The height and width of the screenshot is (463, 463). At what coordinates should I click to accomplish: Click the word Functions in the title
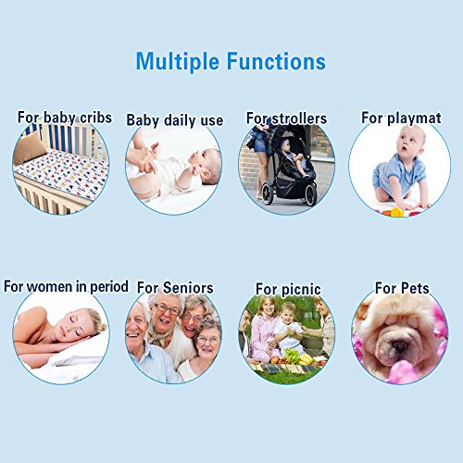click(276, 61)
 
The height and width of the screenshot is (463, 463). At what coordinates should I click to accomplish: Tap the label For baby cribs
click(65, 118)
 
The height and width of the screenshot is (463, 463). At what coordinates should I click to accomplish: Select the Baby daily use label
click(175, 120)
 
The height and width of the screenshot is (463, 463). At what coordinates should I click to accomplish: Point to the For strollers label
click(286, 119)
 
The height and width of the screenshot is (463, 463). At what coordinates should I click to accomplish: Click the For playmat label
click(401, 118)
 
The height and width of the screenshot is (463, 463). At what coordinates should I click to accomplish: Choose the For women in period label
click(66, 286)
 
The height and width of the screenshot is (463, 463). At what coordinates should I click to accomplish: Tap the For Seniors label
click(175, 287)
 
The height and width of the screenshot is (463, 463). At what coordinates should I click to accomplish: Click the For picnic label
click(288, 289)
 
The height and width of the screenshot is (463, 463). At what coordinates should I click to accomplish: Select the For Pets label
click(402, 288)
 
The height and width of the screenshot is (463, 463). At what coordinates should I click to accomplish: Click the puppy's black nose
click(400, 345)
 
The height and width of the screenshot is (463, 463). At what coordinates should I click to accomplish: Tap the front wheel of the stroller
click(268, 194)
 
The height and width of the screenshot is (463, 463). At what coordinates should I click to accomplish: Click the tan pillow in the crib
click(30, 149)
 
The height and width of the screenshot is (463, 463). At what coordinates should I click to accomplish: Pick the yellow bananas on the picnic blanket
click(306, 359)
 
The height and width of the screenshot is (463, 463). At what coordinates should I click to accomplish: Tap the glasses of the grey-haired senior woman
click(167, 309)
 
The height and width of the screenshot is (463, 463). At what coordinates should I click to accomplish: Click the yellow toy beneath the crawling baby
click(397, 212)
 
